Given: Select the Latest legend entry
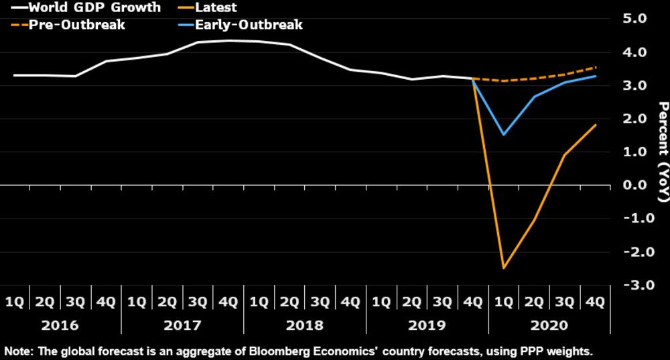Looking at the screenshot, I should coord(214,8).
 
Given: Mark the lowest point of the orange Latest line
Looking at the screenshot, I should coord(503,268).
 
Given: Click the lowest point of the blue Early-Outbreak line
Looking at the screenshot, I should coord(503,135).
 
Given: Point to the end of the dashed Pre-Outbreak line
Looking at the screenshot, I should coord(596,67).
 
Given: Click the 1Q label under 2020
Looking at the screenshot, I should coord(503,302).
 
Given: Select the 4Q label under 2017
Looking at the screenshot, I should coord(228,302).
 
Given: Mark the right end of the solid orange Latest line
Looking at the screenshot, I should coord(596,125).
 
